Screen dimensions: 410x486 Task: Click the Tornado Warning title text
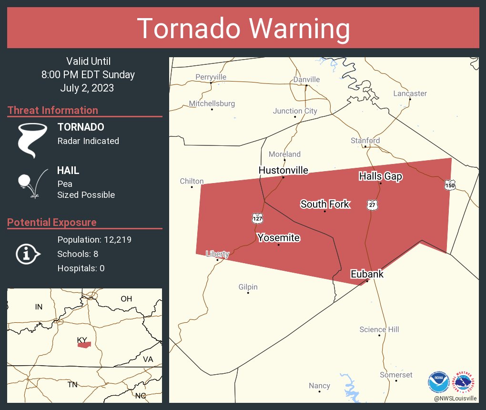(243, 29)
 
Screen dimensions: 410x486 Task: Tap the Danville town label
(306, 79)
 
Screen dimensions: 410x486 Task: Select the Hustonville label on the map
(283, 170)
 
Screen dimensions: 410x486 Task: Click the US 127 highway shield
(257, 218)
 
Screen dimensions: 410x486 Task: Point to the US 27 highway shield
(372, 205)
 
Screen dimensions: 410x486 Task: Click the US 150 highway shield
(450, 184)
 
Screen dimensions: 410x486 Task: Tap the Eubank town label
(367, 274)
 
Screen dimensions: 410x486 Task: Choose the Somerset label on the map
(396, 375)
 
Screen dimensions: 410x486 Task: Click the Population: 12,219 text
(94, 239)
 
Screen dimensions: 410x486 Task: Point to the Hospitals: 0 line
(81, 268)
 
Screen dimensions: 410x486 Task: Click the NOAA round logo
(438, 382)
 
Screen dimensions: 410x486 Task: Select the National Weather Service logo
(465, 382)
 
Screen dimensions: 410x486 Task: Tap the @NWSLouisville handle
(455, 398)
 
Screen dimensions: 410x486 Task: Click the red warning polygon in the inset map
(84, 345)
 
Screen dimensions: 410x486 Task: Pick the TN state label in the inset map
(72, 384)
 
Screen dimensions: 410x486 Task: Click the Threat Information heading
(53, 110)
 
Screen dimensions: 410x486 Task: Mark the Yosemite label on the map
(278, 237)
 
